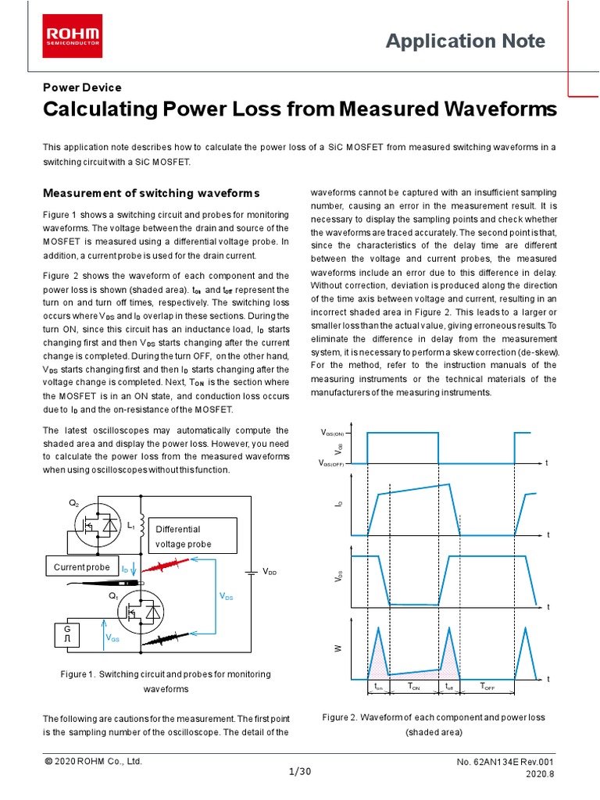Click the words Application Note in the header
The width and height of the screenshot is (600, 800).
tap(466, 41)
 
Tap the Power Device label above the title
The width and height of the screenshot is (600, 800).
tap(82, 87)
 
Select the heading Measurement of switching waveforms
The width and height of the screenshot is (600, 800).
tap(151, 193)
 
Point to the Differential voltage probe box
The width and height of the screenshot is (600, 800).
tap(191, 536)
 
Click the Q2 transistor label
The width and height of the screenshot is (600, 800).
tap(74, 504)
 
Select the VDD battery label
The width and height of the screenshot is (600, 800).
tap(270, 573)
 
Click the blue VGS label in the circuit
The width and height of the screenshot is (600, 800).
tap(112, 637)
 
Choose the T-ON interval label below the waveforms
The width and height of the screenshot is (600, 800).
tap(414, 686)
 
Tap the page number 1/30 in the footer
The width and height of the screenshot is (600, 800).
tap(300, 772)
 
